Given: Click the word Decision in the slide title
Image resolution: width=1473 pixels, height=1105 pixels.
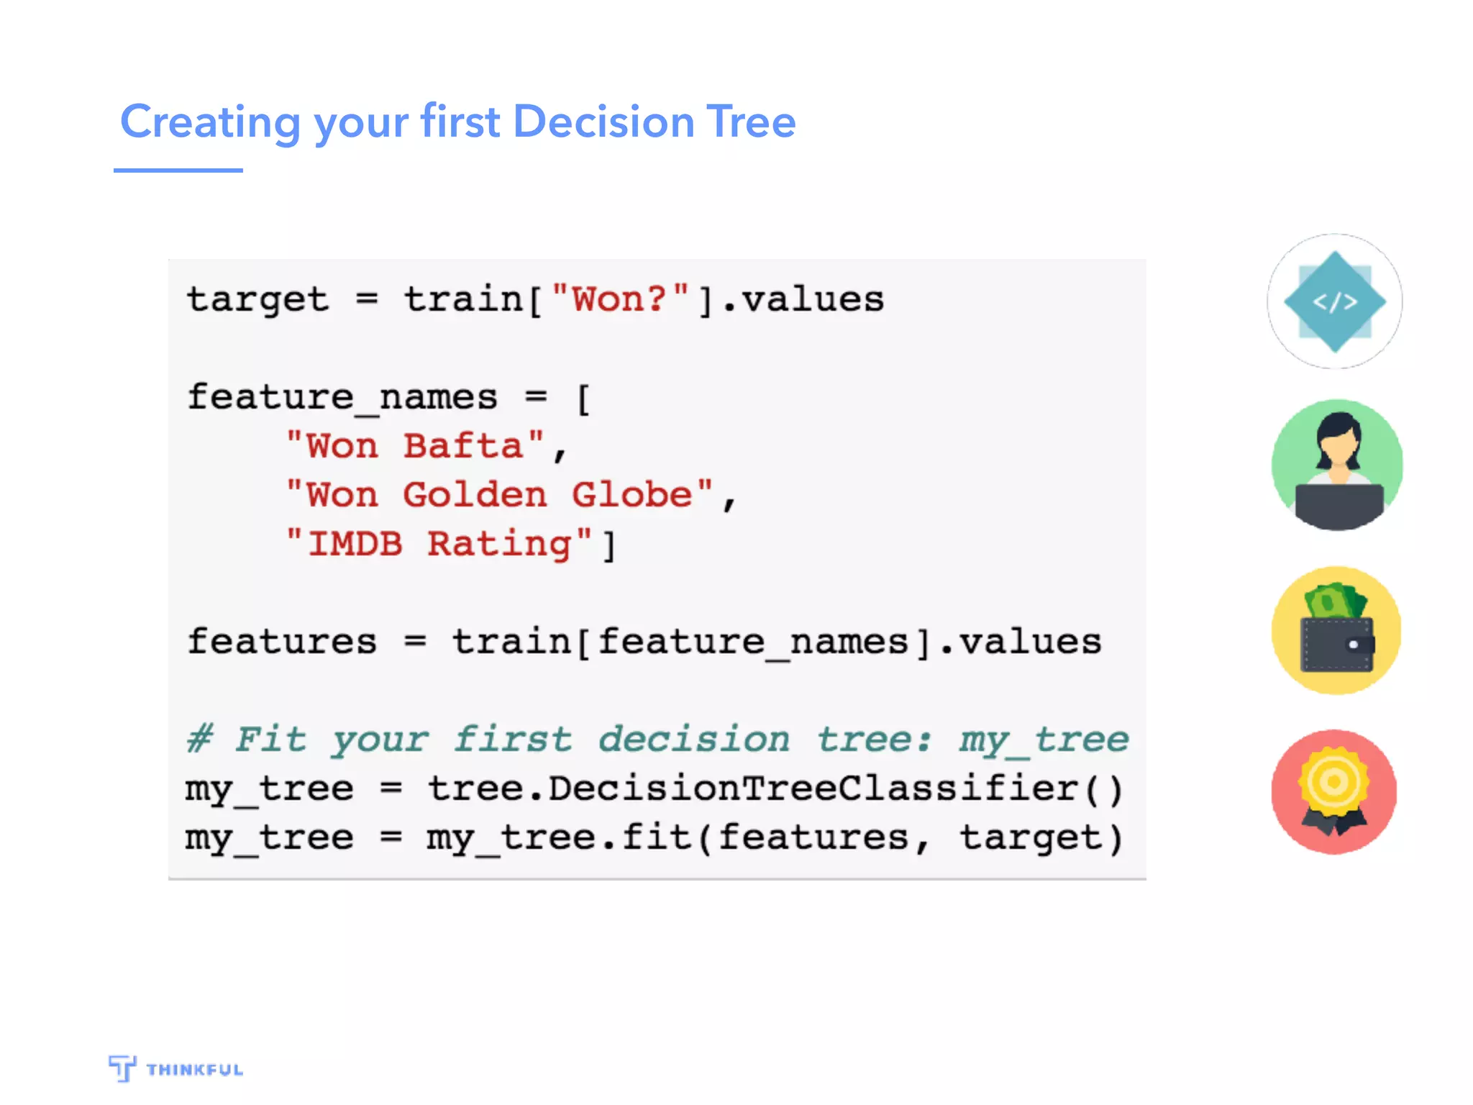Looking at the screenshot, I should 603,122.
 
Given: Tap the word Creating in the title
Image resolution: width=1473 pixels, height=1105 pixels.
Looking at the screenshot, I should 210,122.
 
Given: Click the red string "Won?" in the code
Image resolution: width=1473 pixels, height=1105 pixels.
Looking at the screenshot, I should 620,299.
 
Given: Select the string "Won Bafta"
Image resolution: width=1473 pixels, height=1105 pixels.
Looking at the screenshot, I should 415,446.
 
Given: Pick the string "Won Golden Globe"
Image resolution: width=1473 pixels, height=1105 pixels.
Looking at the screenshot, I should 499,495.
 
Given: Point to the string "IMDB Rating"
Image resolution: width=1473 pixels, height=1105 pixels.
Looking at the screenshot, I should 439,544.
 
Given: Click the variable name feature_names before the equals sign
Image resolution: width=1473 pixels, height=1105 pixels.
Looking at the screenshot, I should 342,398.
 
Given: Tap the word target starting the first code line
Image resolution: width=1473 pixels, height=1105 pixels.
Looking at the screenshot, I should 257,300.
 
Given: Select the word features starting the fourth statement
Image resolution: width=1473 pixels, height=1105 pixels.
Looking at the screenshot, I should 282,642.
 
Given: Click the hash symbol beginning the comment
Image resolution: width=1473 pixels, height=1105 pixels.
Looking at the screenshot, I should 200,739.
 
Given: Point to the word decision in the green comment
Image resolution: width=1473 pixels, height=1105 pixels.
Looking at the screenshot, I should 694,740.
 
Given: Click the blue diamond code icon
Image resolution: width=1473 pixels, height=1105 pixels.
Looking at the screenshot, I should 1335,301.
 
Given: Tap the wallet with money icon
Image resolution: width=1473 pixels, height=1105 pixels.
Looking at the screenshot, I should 1337,630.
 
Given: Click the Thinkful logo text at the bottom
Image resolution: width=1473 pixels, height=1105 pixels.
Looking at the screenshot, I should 194,1070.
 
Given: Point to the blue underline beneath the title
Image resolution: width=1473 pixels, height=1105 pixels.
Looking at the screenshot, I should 178,170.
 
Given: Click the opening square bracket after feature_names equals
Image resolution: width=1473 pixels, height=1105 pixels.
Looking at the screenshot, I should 583,399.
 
